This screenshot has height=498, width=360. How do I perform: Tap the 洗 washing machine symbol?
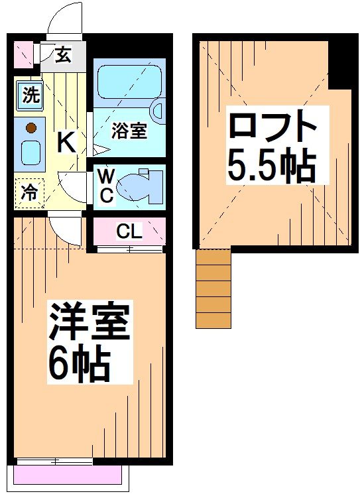pos(30,95)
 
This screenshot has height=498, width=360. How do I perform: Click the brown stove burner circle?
pos(30,128)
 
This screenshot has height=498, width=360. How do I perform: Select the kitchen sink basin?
pos(30,153)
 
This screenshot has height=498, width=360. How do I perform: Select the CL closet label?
pos(129,231)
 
